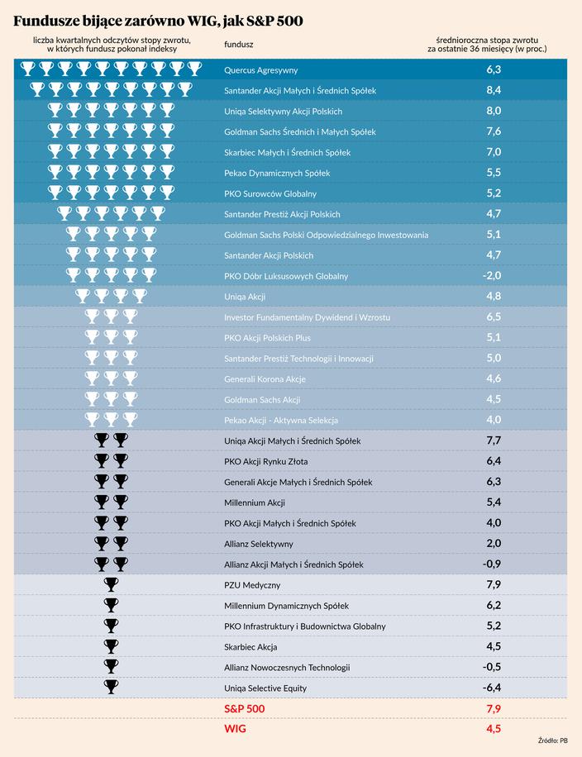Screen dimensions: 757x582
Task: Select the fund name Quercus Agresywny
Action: pos(261,69)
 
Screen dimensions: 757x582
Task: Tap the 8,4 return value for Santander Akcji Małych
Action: pos(494,90)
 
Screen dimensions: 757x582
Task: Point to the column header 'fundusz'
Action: pos(239,44)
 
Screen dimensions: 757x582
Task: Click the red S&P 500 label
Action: pos(245,709)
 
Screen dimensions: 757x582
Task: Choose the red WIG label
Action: pos(236,729)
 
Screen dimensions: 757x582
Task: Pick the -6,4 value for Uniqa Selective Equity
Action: pos(493,688)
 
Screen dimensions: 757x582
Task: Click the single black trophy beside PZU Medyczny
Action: pos(111,585)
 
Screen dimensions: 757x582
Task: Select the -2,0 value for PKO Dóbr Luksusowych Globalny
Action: pos(493,275)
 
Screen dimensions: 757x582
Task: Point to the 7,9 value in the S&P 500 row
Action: pos(494,709)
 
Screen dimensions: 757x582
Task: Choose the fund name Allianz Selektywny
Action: pos(258,544)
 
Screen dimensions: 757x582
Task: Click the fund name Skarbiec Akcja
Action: pos(250,646)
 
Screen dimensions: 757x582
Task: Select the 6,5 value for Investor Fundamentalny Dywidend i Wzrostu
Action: pos(494,317)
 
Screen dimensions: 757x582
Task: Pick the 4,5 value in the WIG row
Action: pos(494,729)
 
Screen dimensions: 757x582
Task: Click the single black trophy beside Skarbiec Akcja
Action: pos(111,646)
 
